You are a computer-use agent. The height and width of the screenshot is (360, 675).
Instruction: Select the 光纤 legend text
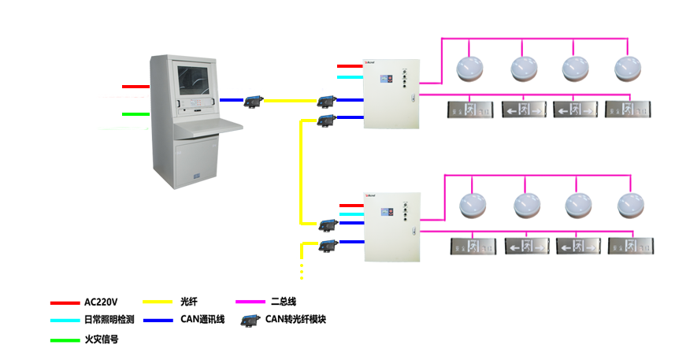(x=189, y=302)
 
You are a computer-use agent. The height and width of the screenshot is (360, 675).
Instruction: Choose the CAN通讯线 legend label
(x=202, y=320)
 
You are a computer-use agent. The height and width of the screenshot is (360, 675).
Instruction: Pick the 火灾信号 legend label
(x=101, y=340)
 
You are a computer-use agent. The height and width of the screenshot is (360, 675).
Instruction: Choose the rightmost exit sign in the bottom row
(x=632, y=245)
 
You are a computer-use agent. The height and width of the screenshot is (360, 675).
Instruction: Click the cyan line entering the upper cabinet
(x=350, y=77)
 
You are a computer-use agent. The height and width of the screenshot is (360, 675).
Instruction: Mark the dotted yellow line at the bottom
(x=302, y=260)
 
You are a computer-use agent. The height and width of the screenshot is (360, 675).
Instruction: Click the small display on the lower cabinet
(x=387, y=213)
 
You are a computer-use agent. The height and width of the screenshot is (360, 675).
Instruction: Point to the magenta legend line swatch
(x=250, y=302)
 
